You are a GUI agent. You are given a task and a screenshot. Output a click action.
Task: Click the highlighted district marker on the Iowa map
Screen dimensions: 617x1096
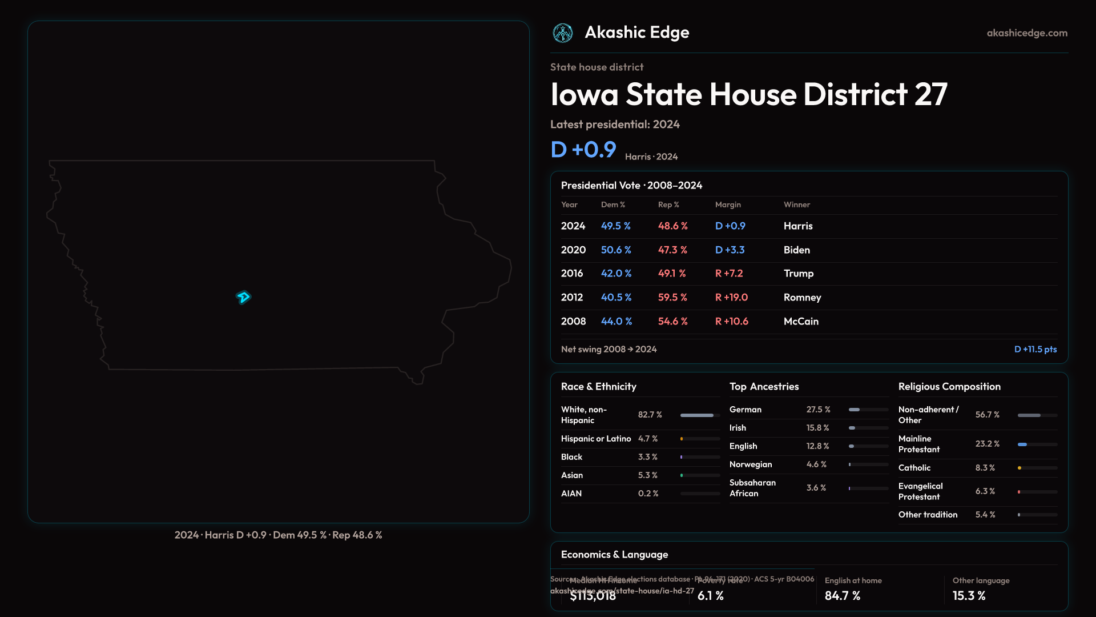coord(243,297)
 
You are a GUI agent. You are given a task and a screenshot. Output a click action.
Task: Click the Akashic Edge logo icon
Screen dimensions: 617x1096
coord(563,33)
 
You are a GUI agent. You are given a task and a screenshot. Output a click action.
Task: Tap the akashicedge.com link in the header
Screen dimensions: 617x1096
coord(1027,33)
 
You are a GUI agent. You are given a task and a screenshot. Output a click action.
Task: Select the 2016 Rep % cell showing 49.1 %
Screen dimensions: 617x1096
coord(672,274)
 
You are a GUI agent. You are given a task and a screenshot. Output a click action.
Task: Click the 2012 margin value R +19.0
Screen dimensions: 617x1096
coord(731,298)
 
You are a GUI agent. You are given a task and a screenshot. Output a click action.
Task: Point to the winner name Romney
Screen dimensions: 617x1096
coord(802,298)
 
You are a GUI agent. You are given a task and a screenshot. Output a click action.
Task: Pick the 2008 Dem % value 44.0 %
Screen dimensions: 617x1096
coord(616,322)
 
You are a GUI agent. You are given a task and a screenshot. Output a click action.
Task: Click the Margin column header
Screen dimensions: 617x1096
coord(728,205)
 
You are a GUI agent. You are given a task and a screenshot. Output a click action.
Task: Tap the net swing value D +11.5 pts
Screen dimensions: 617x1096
coord(1035,349)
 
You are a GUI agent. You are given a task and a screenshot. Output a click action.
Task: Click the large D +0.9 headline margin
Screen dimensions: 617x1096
coord(583,150)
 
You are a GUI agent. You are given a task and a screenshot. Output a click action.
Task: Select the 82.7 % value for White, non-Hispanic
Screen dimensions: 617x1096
coord(650,415)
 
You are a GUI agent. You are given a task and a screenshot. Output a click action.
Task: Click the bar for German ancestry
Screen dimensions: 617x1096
coord(868,410)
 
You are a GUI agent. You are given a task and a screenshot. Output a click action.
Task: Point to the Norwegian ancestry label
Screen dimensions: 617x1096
coord(751,464)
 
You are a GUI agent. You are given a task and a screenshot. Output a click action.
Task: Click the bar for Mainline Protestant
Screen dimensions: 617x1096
coord(1037,444)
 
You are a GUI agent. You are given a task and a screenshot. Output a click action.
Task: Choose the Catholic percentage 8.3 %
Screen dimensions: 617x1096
coord(985,468)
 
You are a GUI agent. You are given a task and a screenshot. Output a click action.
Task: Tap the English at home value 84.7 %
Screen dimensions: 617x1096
coord(843,596)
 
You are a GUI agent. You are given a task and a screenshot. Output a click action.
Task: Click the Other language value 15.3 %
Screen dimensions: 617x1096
coord(969,596)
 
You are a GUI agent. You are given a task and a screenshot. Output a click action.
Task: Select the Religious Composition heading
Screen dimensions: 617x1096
coord(949,387)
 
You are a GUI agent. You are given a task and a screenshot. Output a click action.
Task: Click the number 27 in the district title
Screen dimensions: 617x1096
coord(930,94)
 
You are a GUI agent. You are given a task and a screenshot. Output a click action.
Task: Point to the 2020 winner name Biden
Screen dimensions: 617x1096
coord(797,250)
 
